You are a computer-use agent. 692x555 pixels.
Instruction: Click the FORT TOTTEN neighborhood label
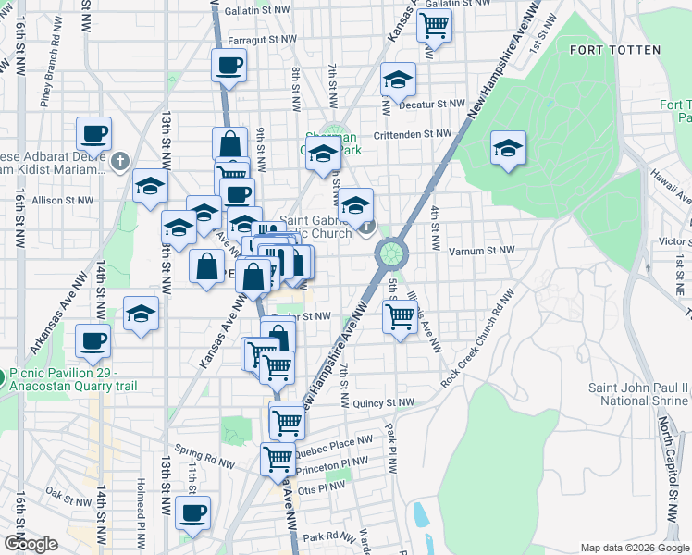coord(615,50)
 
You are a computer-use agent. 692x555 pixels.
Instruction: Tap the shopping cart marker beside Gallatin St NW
coord(434,26)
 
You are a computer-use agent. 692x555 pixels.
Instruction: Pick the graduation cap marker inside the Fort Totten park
coord(508,149)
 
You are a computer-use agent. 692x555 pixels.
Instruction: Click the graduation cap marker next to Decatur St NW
coord(398,81)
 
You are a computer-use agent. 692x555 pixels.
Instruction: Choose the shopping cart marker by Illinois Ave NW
coord(400,317)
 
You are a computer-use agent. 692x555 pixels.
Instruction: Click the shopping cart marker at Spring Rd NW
coord(277,459)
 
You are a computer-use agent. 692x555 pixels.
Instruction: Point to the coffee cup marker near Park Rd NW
coord(192,513)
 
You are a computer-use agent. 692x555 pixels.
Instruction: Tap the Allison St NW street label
coord(63,200)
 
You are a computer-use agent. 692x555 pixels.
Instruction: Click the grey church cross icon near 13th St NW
coord(119,163)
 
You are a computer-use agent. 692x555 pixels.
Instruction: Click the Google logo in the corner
coord(31,544)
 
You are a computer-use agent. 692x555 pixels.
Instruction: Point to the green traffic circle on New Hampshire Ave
coord(391,252)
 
